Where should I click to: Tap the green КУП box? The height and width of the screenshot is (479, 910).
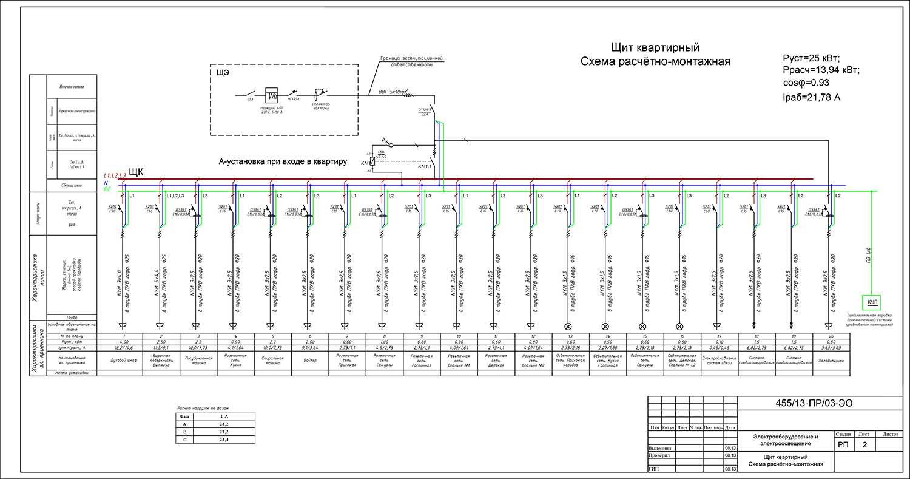click(872, 301)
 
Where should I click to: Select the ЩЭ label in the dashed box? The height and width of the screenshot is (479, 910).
click(223, 73)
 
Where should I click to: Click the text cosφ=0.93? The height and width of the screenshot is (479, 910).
click(806, 83)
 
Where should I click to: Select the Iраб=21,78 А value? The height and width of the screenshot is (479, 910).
click(812, 97)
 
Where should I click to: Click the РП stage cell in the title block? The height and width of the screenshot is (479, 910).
click(843, 446)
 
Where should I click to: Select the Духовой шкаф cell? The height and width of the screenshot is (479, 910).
click(123, 360)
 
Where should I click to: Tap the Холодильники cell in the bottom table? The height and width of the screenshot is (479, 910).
click(829, 360)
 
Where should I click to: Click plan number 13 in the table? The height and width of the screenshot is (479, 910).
click(570, 336)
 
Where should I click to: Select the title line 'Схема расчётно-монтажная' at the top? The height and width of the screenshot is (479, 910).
click(655, 61)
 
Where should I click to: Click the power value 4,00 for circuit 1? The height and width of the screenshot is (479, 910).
click(123, 342)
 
